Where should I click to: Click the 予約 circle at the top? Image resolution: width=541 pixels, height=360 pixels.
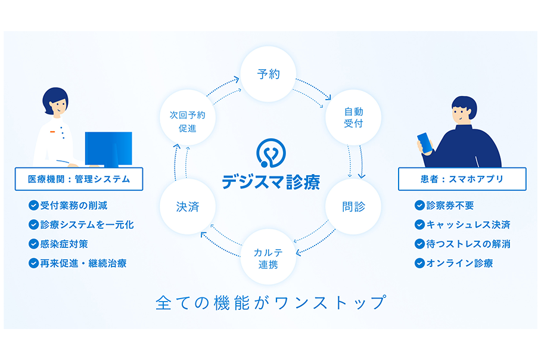click(268, 74)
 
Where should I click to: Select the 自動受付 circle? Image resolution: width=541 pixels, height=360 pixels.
click(353, 117)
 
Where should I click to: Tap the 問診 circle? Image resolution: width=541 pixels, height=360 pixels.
click(353, 206)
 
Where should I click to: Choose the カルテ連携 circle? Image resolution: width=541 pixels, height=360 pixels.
click(268, 257)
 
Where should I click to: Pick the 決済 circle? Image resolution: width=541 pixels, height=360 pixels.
click(188, 206)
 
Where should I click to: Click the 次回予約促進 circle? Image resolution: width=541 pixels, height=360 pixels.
click(188, 117)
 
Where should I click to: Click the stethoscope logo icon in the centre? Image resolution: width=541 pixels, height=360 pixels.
click(271, 153)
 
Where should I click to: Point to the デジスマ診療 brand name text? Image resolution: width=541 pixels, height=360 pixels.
click(271, 182)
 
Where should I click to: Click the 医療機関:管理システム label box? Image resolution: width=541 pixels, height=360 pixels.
click(79, 179)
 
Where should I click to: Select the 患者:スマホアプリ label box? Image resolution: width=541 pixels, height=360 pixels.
click(462, 179)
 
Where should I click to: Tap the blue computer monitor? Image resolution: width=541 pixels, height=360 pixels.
click(108, 149)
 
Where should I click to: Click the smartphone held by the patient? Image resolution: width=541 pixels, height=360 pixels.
click(425, 142)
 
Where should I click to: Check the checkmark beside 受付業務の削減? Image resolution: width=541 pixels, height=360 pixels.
click(33, 206)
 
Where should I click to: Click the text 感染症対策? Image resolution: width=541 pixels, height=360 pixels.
click(64, 244)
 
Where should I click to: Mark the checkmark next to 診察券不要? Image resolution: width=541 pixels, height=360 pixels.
click(419, 206)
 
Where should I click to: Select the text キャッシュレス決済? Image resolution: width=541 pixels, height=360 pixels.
click(468, 225)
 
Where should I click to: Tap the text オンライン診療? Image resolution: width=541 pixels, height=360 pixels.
click(459, 263)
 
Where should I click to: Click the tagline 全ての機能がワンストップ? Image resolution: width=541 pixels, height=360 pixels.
click(271, 303)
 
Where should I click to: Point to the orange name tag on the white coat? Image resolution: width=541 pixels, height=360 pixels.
click(52, 132)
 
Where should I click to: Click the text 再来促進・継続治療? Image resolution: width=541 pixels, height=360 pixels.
click(83, 263)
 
